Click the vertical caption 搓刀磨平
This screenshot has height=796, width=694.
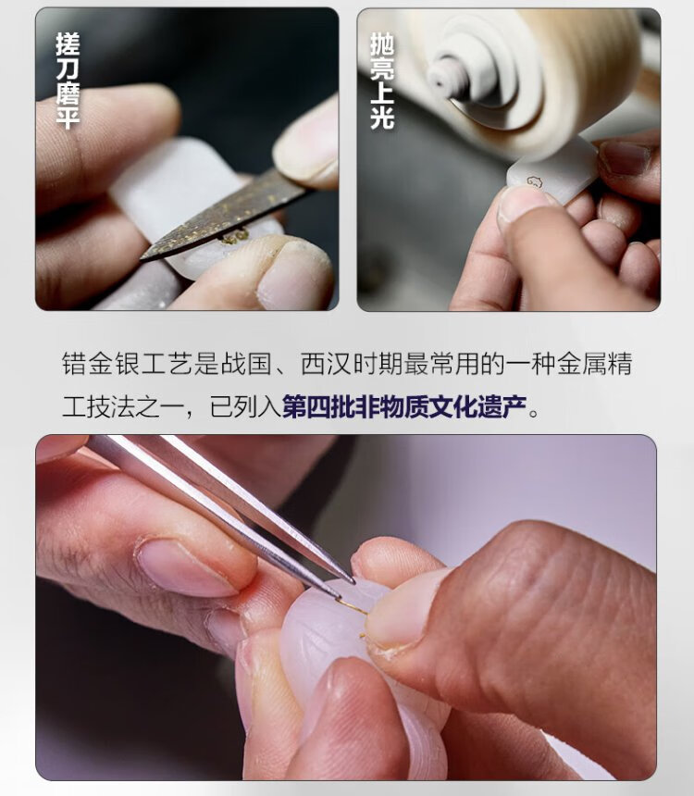click(x=68, y=81)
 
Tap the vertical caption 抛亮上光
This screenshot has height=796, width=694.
click(x=382, y=81)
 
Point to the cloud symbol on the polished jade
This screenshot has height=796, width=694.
click(x=535, y=180)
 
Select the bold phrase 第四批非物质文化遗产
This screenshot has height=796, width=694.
click(x=404, y=406)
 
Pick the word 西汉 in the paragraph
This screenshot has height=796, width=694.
click(x=327, y=364)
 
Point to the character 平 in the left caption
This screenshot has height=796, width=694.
click(x=68, y=118)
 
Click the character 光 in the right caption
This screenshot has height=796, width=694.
click(x=382, y=118)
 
